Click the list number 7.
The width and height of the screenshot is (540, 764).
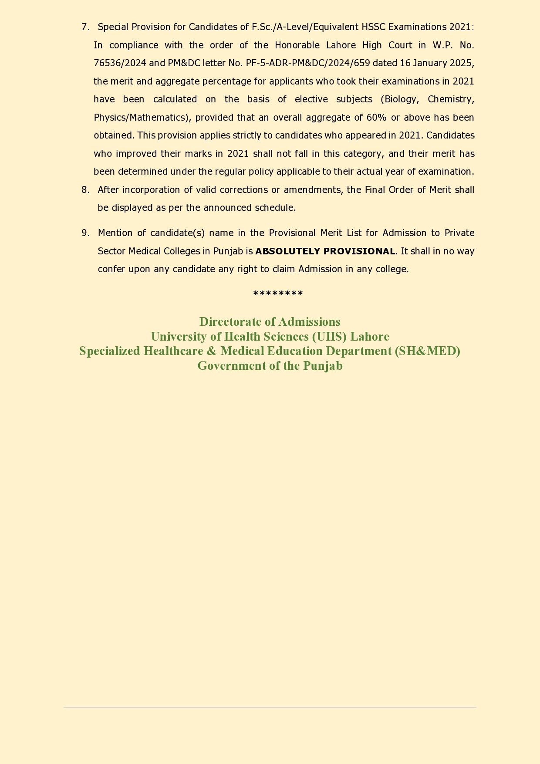pos(85,27)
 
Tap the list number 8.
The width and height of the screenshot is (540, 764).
pos(85,190)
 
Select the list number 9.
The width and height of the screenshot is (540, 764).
pos(85,233)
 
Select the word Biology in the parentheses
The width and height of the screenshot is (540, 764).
pos(400,99)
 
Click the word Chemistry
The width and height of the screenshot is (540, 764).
pos(451,99)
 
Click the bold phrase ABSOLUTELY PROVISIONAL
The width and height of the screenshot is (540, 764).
pos(325,251)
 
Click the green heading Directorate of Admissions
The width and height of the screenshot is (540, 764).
pos(270,322)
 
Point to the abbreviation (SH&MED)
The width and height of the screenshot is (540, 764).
pos(427,351)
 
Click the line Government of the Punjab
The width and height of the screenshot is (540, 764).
pos(270,366)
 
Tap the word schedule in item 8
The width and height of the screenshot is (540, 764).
pos(275,208)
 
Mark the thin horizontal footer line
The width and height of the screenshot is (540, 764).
pos(270,707)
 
